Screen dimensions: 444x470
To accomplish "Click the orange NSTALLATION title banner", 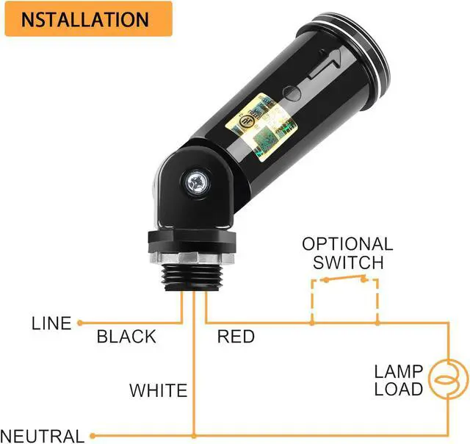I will (x=88, y=19).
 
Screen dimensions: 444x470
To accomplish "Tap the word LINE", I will (x=51, y=323).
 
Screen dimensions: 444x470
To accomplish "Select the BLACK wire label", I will (x=126, y=337).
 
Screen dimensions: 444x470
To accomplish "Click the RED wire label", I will (x=236, y=337).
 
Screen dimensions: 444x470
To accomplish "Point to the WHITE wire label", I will (x=159, y=390).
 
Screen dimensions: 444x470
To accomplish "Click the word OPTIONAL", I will (x=347, y=244).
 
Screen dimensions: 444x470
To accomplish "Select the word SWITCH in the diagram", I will (x=348, y=262).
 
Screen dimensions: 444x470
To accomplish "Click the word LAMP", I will (x=398, y=371).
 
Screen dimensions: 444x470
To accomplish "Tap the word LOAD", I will (x=398, y=389).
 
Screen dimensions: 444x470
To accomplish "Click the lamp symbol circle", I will (x=445, y=380).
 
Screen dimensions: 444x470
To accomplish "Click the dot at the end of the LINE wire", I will (x=80, y=322).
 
